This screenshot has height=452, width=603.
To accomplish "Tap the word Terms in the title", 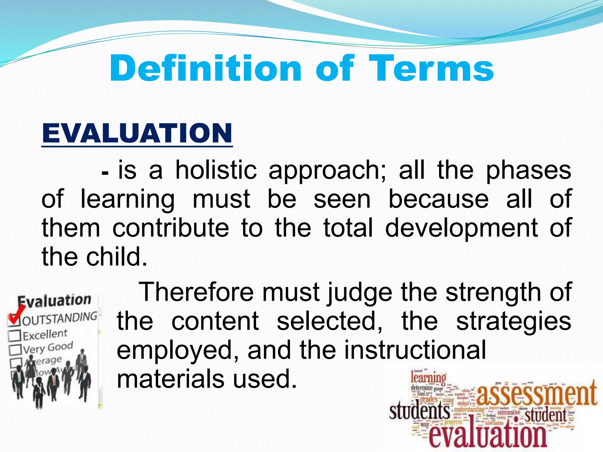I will click(431, 69).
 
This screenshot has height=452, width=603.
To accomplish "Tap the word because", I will click(438, 200).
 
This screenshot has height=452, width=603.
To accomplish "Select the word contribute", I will click(171, 228).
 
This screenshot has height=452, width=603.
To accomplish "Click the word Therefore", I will click(196, 292).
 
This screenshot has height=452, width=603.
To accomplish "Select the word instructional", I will click(415, 350).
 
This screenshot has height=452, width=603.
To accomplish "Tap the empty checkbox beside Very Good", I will click(15, 350).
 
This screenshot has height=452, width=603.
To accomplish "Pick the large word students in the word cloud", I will click(420, 411).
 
